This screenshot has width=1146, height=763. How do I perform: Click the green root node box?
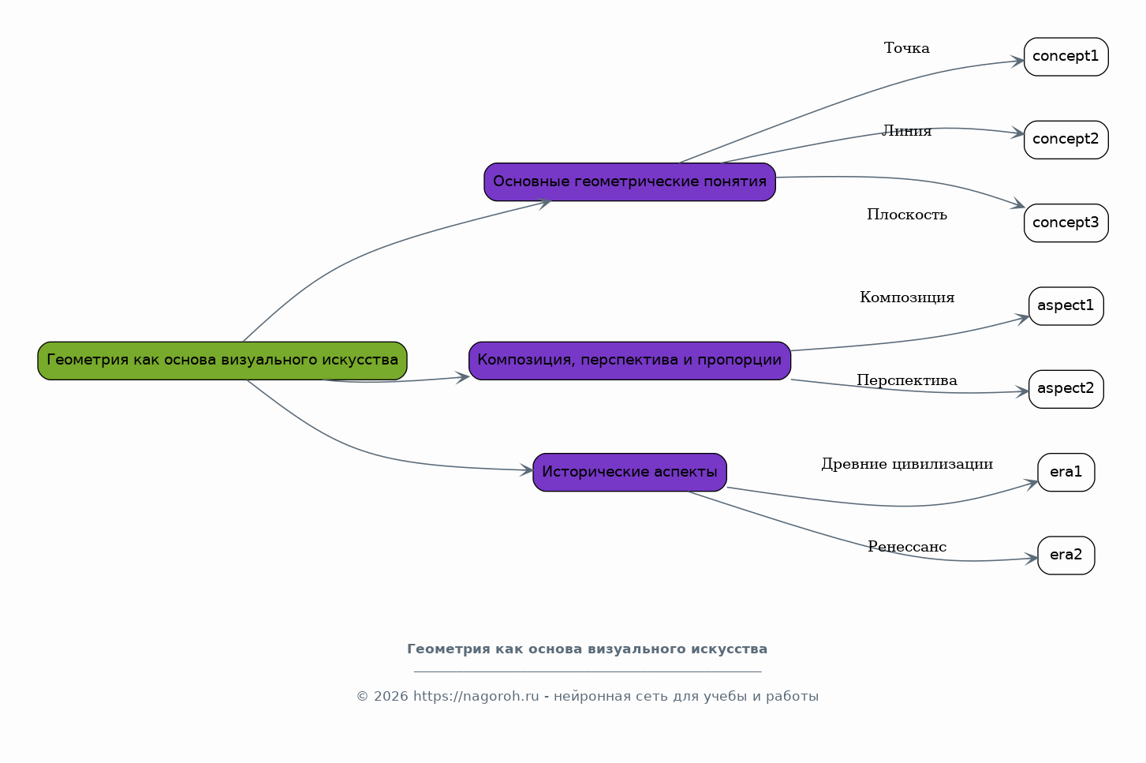[x=222, y=361]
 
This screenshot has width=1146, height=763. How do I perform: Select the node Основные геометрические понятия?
[x=630, y=182]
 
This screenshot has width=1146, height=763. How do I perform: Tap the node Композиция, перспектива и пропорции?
[x=630, y=361]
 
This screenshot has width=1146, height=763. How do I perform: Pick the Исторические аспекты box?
[x=630, y=473]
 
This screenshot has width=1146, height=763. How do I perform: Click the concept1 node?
[x=1066, y=57]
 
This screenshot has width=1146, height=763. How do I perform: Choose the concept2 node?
[x=1066, y=140]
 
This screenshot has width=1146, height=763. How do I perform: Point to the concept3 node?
[x=1066, y=223]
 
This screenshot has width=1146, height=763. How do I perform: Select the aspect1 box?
[x=1066, y=306]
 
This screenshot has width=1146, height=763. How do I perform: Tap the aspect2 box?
[x=1066, y=390]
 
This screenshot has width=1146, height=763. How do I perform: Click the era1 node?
[x=1066, y=473]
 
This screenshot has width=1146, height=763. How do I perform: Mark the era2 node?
[x=1066, y=555]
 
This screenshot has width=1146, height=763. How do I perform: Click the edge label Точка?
[x=906, y=48]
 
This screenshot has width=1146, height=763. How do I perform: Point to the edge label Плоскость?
[x=906, y=215]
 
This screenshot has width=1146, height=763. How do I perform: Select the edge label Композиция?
[x=907, y=297]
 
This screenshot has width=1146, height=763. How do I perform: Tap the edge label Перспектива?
[x=906, y=381]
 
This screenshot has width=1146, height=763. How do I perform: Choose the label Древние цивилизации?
[x=907, y=464]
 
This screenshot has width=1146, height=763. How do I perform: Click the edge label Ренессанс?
[x=907, y=547]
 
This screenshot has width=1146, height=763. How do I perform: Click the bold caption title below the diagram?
[x=588, y=649]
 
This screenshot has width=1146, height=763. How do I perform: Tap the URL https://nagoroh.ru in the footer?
[x=476, y=697]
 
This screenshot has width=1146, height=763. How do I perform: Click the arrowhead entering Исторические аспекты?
[x=526, y=470]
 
